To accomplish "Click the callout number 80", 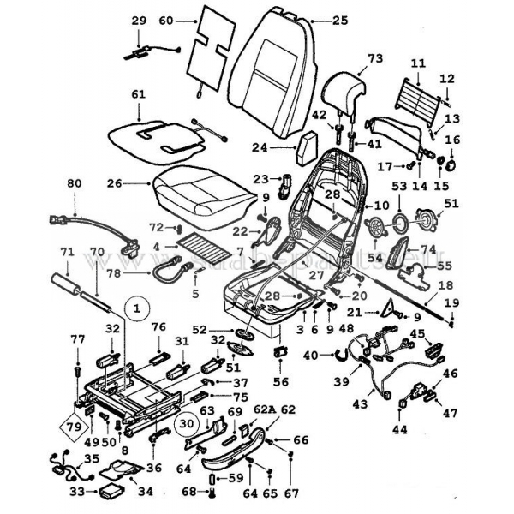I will click(74, 182).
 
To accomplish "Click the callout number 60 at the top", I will click(166, 19).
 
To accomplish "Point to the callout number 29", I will click(140, 19).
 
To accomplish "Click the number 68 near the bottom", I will click(190, 492).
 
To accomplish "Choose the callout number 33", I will click(77, 492).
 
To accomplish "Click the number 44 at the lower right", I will click(398, 428).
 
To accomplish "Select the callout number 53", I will click(399, 184).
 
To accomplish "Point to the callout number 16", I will click(453, 140).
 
